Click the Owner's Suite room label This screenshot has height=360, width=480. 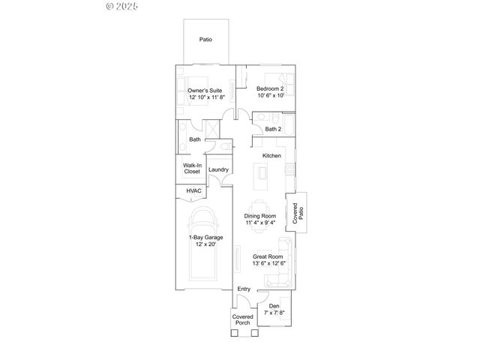pos(205,90)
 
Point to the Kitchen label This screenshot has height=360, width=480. pos(271,156)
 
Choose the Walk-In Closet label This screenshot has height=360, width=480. pos(192,168)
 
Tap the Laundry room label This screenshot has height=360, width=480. pos(219,169)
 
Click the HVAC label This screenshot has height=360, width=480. pos(194,191)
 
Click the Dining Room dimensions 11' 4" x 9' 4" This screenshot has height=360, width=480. pos(260,223)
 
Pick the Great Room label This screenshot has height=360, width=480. pos(266,256)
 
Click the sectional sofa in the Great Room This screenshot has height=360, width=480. pos(281,266)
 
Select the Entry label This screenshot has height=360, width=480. pos(244,289)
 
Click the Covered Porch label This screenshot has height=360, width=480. pos(242,320)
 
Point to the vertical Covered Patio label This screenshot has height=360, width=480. pos(297,214)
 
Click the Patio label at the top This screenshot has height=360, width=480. pos(205,39)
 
